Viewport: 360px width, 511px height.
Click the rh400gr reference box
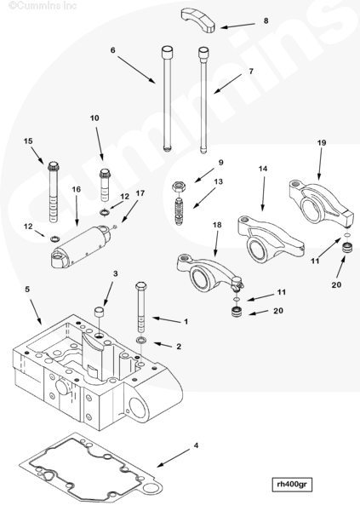click(x=292, y=485)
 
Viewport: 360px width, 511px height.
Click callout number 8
click(x=266, y=20)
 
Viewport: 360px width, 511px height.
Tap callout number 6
click(x=112, y=50)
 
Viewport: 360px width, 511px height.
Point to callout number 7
click(x=251, y=72)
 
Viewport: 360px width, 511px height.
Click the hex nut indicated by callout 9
click(x=178, y=187)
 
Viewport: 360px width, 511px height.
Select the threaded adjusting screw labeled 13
click(x=180, y=211)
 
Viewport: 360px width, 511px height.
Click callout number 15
click(x=28, y=141)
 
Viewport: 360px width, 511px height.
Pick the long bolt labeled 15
click(x=53, y=192)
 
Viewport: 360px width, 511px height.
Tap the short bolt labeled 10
click(x=106, y=184)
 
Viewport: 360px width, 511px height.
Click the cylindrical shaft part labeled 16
click(x=82, y=247)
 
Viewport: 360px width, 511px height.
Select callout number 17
click(x=140, y=193)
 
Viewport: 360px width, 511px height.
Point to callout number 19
click(x=322, y=143)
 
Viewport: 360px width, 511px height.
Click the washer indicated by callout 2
click(x=141, y=341)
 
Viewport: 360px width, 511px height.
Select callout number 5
click(x=27, y=289)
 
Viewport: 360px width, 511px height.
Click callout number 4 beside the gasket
click(x=196, y=445)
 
